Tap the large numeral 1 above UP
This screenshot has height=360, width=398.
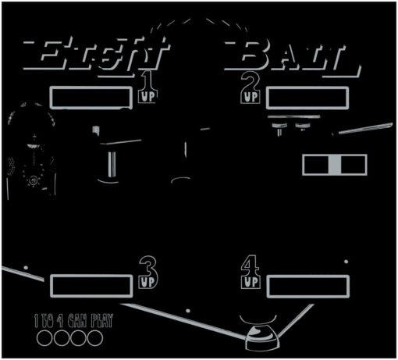pyautogui.click(x=147, y=80)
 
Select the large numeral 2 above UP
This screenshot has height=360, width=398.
pyautogui.click(x=251, y=81)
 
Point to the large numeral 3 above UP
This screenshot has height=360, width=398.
pyautogui.click(x=148, y=266)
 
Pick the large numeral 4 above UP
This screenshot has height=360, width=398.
pyautogui.click(x=251, y=266)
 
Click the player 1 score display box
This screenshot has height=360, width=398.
pyautogui.click(x=91, y=98)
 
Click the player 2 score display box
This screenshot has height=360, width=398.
pyautogui.click(x=307, y=98)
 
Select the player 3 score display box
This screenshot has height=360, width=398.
pyautogui.click(x=91, y=286)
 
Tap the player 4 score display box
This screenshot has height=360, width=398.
pyautogui.click(x=308, y=287)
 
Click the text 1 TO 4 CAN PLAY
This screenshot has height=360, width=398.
pyautogui.click(x=74, y=320)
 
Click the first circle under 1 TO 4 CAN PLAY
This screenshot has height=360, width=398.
pyautogui.click(x=44, y=338)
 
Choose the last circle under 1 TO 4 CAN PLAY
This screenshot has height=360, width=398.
pyautogui.click(x=95, y=338)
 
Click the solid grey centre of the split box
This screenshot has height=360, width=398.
pyautogui.click(x=335, y=165)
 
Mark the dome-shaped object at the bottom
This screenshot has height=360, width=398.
pyautogui.click(x=262, y=338)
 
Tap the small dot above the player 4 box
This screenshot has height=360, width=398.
pyautogui.click(x=346, y=262)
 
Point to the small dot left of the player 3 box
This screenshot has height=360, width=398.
pyautogui.click(x=26, y=268)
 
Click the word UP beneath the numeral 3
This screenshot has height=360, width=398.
pyautogui.click(x=147, y=282)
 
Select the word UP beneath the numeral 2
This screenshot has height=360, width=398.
pyautogui.click(x=251, y=98)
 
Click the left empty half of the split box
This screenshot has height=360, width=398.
pyautogui.click(x=316, y=165)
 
